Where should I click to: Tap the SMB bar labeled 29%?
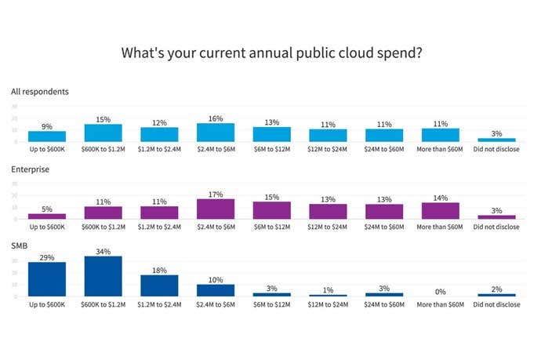(x=47, y=279)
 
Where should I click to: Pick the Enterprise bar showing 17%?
(x=216, y=209)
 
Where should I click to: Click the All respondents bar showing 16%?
(x=216, y=133)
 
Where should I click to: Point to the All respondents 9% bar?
(x=47, y=136)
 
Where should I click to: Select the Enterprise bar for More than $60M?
(x=441, y=210)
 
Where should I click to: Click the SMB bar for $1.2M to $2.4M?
(x=159, y=285)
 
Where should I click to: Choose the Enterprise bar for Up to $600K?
(x=47, y=215)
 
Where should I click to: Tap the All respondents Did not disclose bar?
(x=497, y=140)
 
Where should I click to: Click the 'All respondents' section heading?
(x=40, y=92)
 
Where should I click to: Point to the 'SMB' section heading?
(x=20, y=245)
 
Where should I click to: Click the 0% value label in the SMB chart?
(x=441, y=291)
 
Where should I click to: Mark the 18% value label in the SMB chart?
(x=159, y=269)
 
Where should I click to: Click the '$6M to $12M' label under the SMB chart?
(x=272, y=303)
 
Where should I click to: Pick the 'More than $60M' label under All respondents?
(x=441, y=149)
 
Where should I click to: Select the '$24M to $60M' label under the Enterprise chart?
(x=384, y=226)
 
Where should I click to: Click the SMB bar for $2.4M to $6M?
(x=216, y=290)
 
